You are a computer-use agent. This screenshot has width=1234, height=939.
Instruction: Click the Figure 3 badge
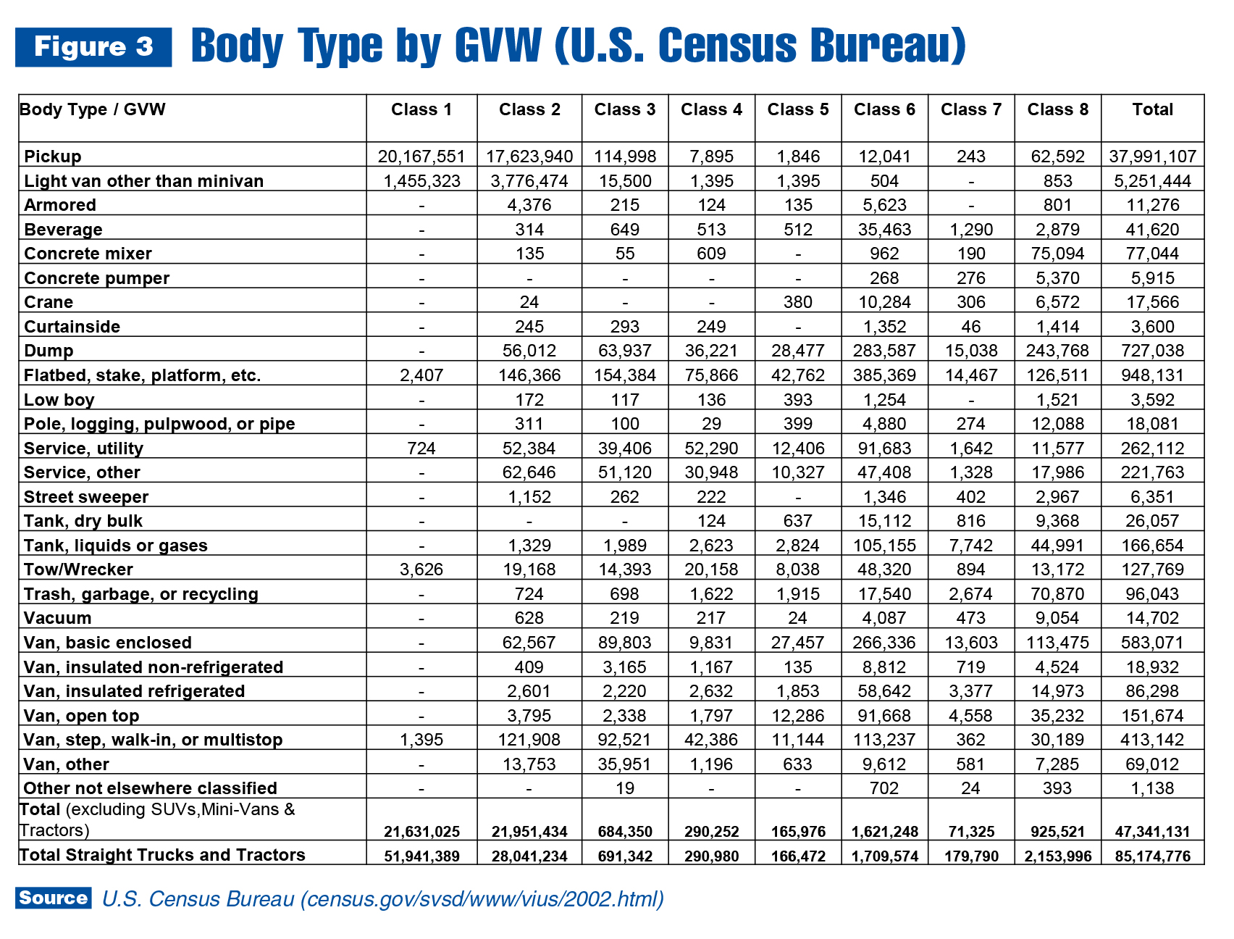coord(93,47)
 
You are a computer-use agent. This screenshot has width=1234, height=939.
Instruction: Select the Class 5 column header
coord(798,109)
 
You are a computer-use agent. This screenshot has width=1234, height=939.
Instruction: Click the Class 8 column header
coord(1057,109)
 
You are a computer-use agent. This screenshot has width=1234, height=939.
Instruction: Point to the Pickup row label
coord(52,156)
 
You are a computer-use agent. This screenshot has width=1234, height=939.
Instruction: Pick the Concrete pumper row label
coord(96,278)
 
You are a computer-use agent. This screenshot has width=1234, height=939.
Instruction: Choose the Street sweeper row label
coord(85,497)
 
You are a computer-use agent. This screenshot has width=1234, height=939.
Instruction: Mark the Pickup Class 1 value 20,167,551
coord(421,156)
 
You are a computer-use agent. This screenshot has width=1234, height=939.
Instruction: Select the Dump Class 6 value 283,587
coord(884,351)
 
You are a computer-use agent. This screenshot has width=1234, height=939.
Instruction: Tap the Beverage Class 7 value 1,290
coord(971,230)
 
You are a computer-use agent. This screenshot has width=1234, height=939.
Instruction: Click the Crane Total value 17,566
coord(1153,302)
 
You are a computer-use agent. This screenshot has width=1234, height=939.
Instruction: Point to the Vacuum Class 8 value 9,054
coord(1057,618)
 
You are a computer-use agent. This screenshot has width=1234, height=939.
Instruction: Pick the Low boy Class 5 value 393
coord(798,400)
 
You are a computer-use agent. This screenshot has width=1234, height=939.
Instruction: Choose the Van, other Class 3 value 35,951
coord(624,764)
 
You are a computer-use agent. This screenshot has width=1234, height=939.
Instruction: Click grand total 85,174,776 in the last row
coord(1153,856)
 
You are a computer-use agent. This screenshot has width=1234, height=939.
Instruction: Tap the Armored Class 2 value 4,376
coord(529,205)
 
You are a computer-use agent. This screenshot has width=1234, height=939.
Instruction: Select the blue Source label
coord(54,898)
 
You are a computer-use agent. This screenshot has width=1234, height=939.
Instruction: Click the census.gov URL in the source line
coord(482,899)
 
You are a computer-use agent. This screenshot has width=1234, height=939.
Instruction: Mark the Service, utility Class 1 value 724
coord(421,448)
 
